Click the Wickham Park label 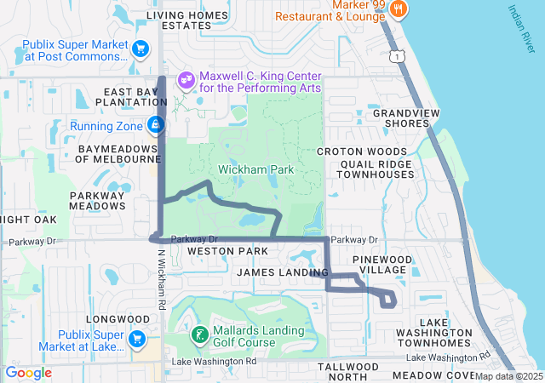(255, 169)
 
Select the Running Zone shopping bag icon (155, 126)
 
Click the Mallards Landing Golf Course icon (199, 335)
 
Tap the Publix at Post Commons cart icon (139, 49)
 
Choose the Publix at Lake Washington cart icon (136, 340)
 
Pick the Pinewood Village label (383, 264)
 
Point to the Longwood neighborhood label (100, 320)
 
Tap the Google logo (28, 373)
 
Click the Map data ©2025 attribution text (508, 376)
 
